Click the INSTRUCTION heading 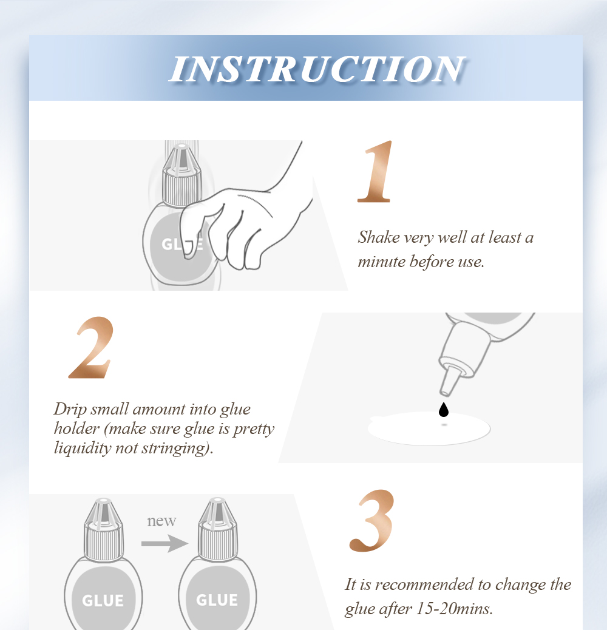[x=317, y=69]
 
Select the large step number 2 [x=91, y=348]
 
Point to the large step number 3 [x=371, y=521]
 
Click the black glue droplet [x=444, y=410]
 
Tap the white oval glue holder [x=429, y=428]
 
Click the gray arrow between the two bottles [x=164, y=544]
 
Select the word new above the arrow [x=161, y=521]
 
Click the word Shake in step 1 [x=379, y=237]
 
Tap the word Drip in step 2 [x=70, y=410]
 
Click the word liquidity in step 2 [x=83, y=448]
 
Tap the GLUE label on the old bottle [x=103, y=601]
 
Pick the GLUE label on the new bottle [x=217, y=600]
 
